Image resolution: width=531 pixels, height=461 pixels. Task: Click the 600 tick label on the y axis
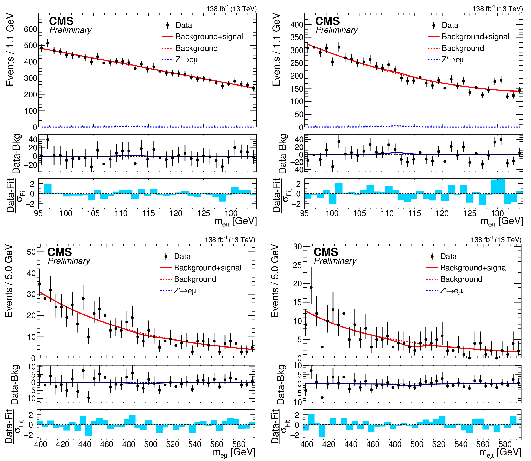tap(30, 29)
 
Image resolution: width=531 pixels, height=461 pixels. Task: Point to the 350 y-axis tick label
tap(297, 37)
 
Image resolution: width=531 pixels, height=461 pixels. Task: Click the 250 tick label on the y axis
tap(297, 63)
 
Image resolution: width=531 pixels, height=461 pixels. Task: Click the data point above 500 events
tap(48, 43)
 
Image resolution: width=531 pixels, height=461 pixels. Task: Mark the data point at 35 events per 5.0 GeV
tap(39, 283)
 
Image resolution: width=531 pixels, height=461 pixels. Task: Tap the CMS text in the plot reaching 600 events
tap(61, 21)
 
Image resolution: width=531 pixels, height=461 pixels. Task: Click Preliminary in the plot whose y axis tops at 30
tap(335, 261)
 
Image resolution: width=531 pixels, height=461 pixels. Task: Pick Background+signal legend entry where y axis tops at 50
tap(207, 268)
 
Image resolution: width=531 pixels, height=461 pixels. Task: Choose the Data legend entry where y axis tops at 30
tap(448, 256)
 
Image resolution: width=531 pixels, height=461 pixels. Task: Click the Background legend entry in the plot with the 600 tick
tap(196, 48)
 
